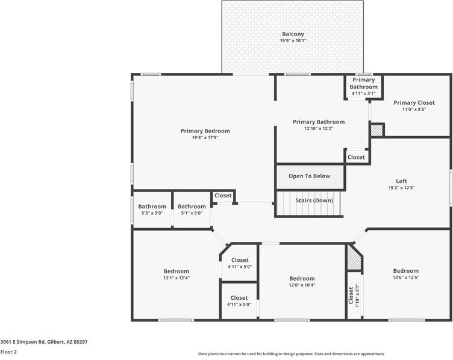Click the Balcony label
[x=293, y=34]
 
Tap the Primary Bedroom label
[x=205, y=131]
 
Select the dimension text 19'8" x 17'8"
[x=205, y=138]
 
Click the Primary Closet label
[x=414, y=103]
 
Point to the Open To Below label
[x=309, y=176]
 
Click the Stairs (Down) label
[x=314, y=200]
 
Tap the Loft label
[x=401, y=181]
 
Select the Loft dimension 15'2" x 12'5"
[x=401, y=188]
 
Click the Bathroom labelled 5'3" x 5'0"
[x=152, y=206]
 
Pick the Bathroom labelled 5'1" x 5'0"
[x=192, y=206]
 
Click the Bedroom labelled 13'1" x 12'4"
[x=176, y=272]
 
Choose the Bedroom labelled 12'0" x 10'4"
[x=302, y=279]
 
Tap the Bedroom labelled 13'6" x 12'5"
[x=405, y=271]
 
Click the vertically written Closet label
[x=351, y=294]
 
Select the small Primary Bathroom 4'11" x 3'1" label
[x=363, y=83]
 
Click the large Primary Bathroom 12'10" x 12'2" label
[x=319, y=122]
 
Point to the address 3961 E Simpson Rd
[x=44, y=341]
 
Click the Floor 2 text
[x=8, y=352]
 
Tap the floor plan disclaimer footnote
[x=291, y=354]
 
